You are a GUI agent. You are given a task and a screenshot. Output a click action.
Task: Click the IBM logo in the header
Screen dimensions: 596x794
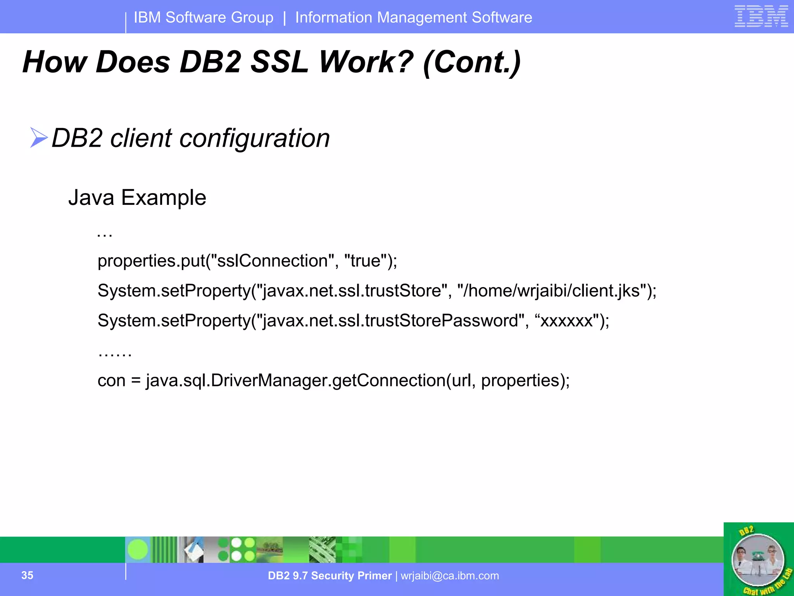pos(761,16)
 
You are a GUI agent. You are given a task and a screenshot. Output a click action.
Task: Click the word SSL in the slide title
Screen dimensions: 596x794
pos(279,62)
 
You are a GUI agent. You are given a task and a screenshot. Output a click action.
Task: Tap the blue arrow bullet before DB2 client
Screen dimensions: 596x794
pos(38,138)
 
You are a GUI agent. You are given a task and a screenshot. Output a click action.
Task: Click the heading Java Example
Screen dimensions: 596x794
pos(137,198)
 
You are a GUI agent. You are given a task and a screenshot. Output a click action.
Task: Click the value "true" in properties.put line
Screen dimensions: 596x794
pos(365,261)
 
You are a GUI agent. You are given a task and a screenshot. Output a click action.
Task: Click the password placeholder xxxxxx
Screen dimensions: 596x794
pos(566,321)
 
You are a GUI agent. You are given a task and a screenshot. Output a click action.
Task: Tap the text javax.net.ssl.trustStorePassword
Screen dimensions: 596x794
pos(390,321)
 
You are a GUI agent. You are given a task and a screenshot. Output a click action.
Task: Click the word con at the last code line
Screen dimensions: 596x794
pos(111,381)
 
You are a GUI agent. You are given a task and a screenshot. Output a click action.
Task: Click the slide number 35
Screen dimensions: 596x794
pos(27,575)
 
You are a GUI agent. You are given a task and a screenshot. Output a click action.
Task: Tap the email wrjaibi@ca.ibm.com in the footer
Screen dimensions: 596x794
pos(450,576)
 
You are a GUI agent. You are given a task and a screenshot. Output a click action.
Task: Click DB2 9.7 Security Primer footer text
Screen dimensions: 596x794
pos(330,576)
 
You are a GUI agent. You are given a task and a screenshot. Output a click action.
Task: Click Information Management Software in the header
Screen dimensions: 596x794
pos(414,17)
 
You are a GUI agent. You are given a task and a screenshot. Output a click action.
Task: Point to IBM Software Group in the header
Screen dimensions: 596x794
pos(204,17)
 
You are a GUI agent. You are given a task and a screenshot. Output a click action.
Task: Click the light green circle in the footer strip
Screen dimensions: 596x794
pos(138,549)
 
